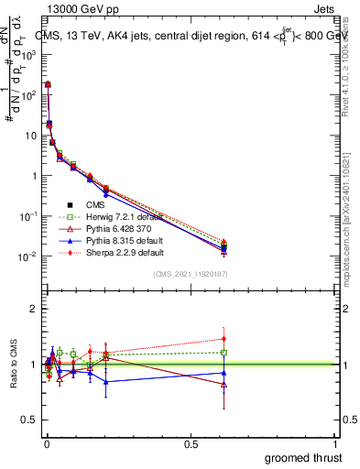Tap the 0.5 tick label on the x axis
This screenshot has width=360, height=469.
[191, 444]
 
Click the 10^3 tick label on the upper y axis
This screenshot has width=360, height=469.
[27, 55]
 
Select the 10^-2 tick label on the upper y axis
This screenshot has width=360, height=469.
[27, 256]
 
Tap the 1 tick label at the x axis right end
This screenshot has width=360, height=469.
[335, 444]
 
